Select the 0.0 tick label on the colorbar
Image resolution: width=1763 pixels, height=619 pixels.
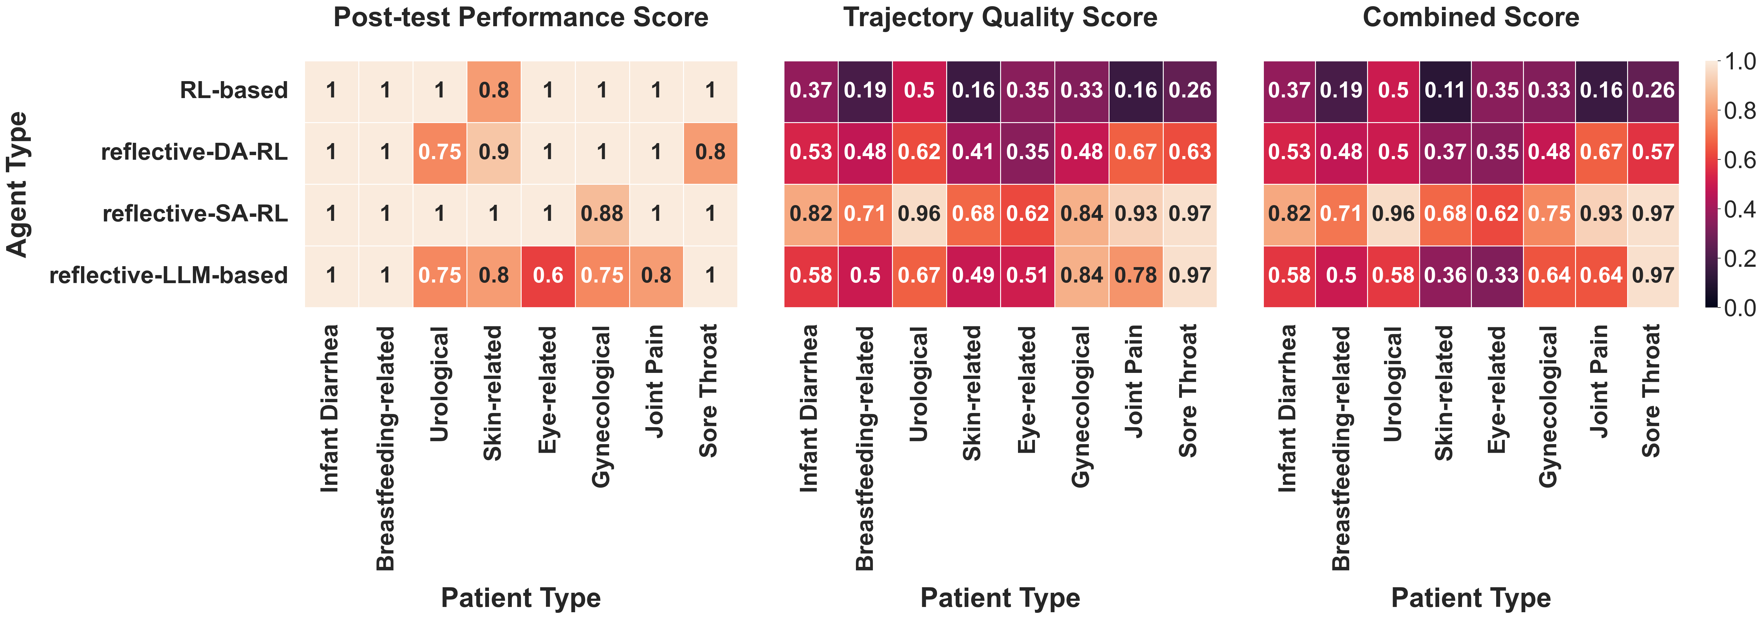1738,307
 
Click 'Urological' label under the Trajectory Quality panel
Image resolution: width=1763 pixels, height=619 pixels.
918,383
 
